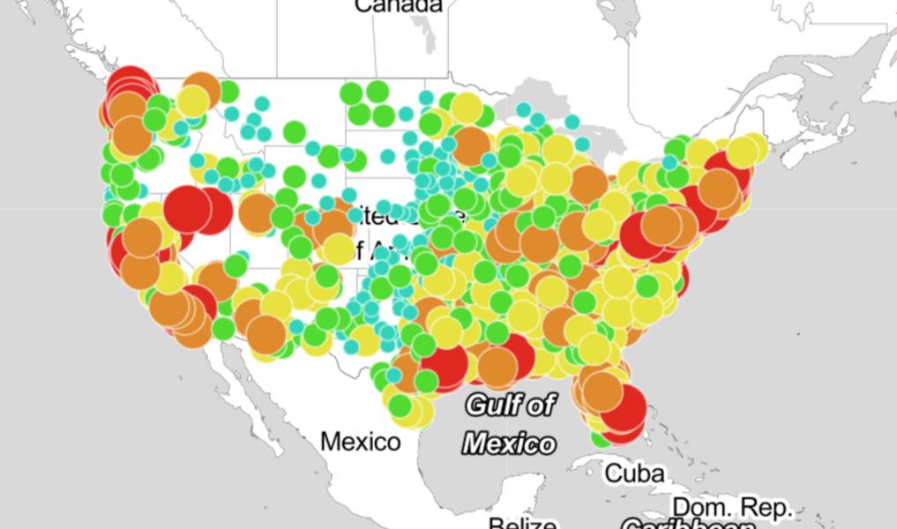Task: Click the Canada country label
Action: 398,5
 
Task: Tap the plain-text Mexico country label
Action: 360,441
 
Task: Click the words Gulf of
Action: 511,405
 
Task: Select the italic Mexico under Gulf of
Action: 511,442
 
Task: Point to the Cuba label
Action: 634,473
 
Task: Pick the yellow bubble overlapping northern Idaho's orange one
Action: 191,101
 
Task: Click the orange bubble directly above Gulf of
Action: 498,368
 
